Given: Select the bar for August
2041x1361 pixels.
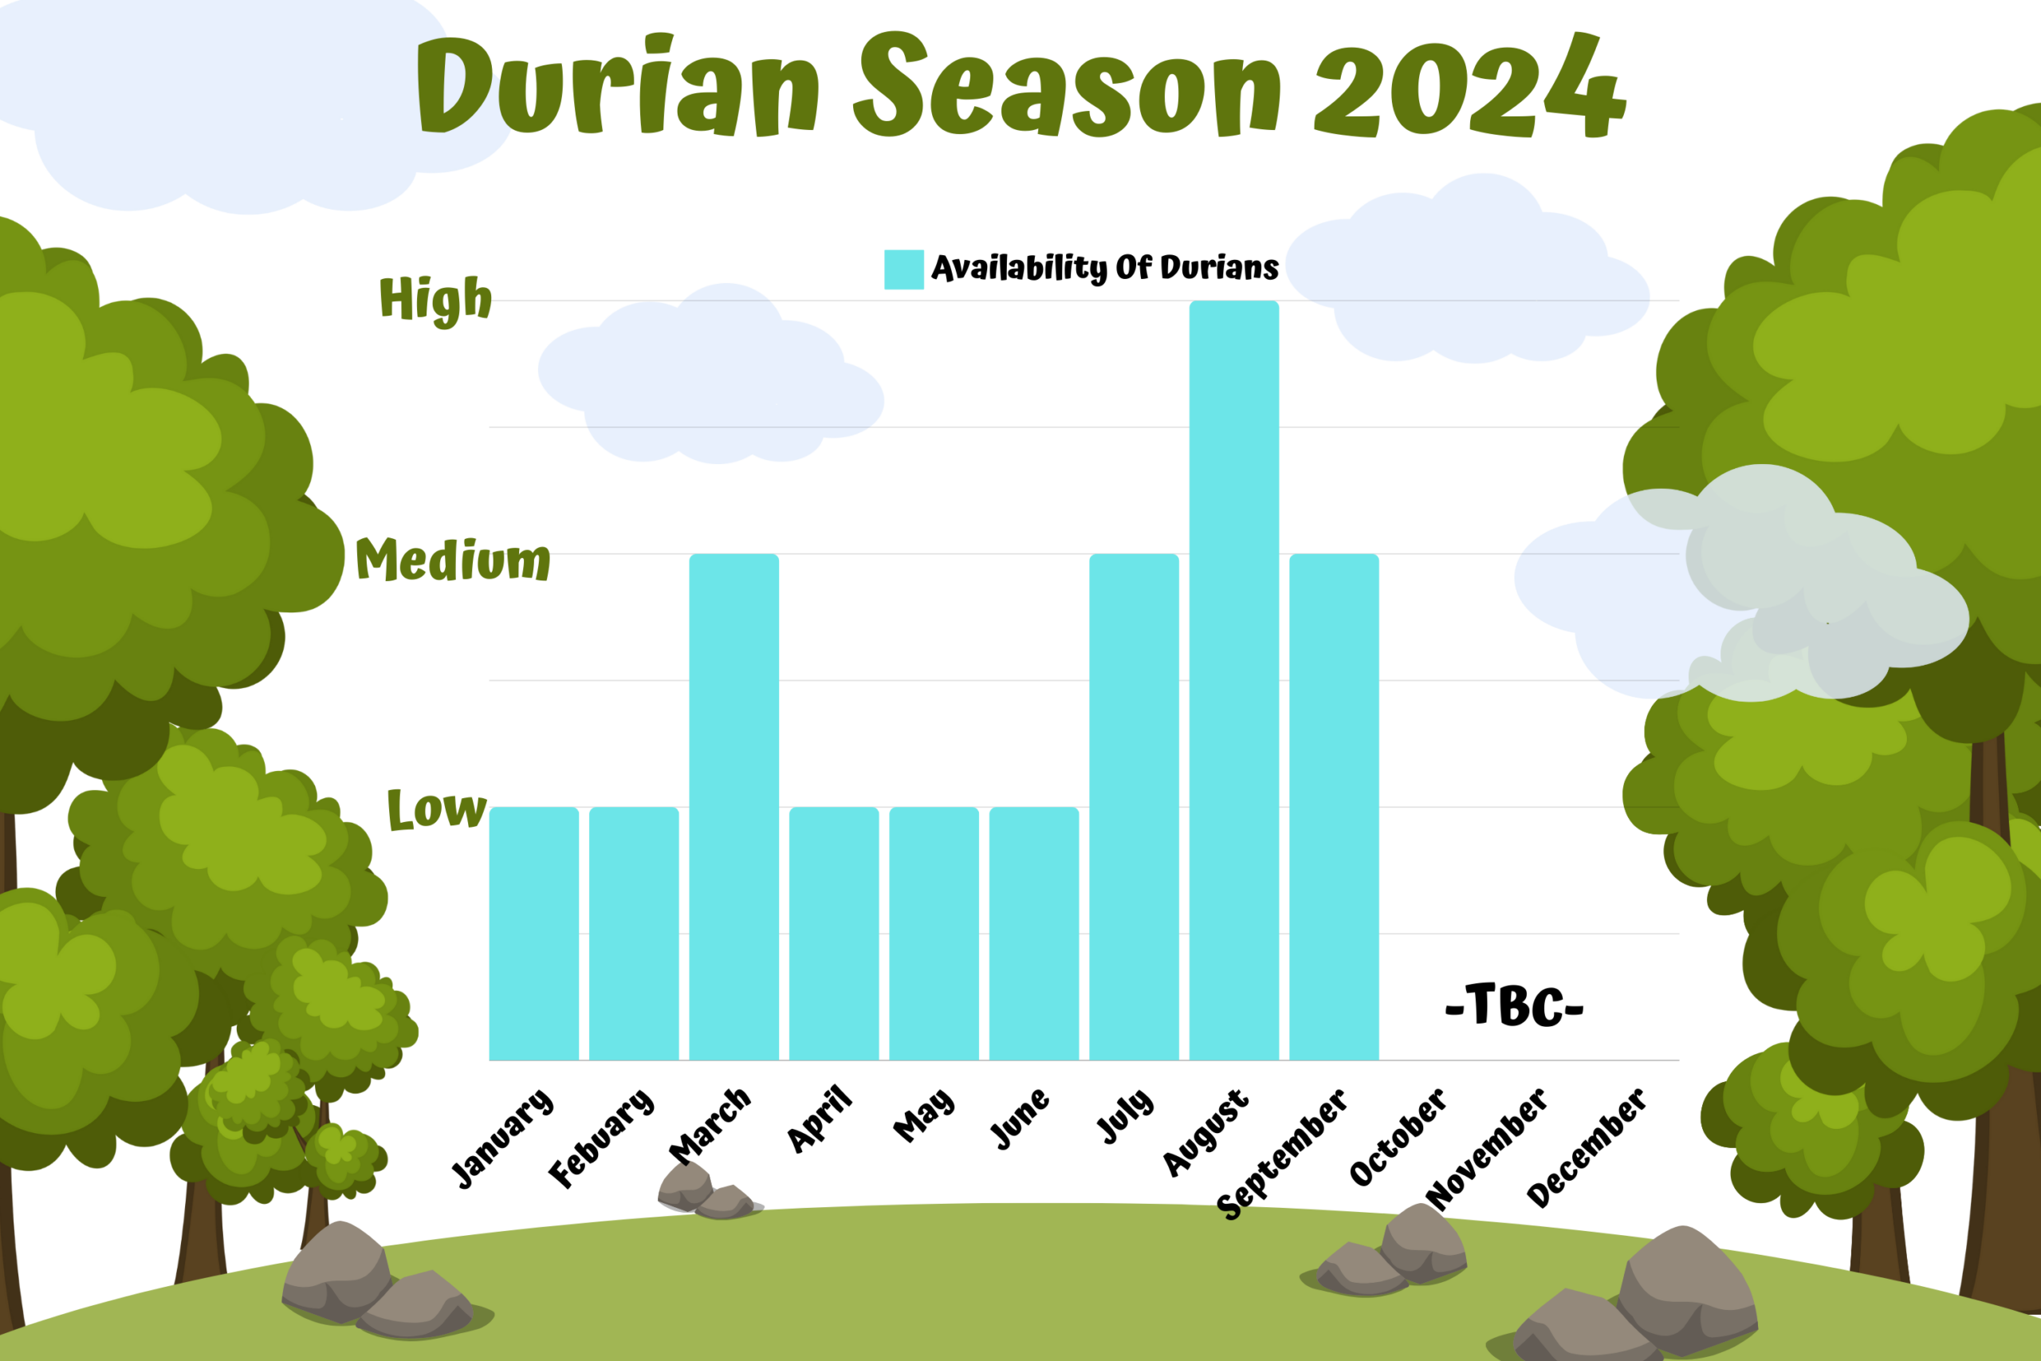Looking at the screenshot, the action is pyautogui.click(x=1234, y=681).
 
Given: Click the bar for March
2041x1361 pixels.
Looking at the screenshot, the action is pyautogui.click(x=734, y=807).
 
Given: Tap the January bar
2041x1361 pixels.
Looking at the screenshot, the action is pyautogui.click(x=533, y=934).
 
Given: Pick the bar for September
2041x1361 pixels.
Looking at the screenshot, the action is pyautogui.click(x=1334, y=807).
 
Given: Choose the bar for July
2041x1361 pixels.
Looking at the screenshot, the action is pyautogui.click(x=1135, y=807).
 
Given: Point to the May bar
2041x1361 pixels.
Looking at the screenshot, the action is pyautogui.click(x=934, y=934).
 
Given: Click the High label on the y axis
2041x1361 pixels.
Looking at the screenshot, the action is pyautogui.click(x=435, y=301).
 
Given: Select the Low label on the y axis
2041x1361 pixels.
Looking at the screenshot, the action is pyautogui.click(x=436, y=809).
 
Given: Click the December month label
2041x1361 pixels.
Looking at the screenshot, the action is pyautogui.click(x=1587, y=1147).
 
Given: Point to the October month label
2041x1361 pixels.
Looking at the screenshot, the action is pyautogui.click(x=1398, y=1137).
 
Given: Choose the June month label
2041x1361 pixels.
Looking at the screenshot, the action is pyautogui.click(x=1020, y=1119).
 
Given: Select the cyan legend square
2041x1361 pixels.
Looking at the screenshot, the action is pyautogui.click(x=904, y=269).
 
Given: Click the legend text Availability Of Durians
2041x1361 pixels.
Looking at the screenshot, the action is pyautogui.click(x=1105, y=268).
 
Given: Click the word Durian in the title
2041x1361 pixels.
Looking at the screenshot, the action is pyautogui.click(x=618, y=85).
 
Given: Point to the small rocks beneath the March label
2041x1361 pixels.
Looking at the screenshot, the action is pyautogui.click(x=707, y=1191).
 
